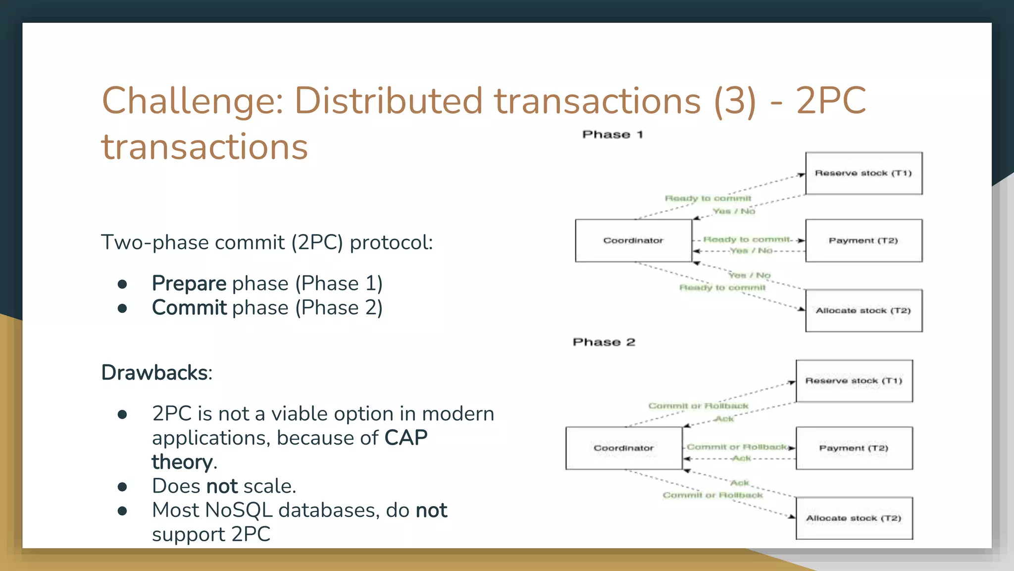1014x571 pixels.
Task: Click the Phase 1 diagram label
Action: click(x=612, y=135)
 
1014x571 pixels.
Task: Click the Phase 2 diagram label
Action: click(x=604, y=342)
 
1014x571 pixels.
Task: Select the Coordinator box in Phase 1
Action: click(x=633, y=241)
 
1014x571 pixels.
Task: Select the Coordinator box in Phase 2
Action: click(x=624, y=448)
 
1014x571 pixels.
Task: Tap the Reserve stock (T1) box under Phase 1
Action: click(x=863, y=173)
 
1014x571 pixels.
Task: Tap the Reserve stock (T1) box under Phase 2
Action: click(x=854, y=381)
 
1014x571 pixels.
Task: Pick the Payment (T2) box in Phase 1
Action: click(x=863, y=241)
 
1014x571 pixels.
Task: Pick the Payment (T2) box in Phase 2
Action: click(x=854, y=448)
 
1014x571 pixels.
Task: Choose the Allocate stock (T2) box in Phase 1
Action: click(x=863, y=311)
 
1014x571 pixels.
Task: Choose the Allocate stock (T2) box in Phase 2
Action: click(x=854, y=518)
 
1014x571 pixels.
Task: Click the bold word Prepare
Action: click(x=189, y=284)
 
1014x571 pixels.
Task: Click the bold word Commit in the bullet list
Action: click(x=189, y=308)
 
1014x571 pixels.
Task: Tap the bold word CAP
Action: click(x=406, y=438)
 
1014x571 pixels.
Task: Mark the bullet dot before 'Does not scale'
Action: click(x=122, y=487)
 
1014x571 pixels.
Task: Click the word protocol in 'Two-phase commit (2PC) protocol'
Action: click(x=391, y=243)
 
